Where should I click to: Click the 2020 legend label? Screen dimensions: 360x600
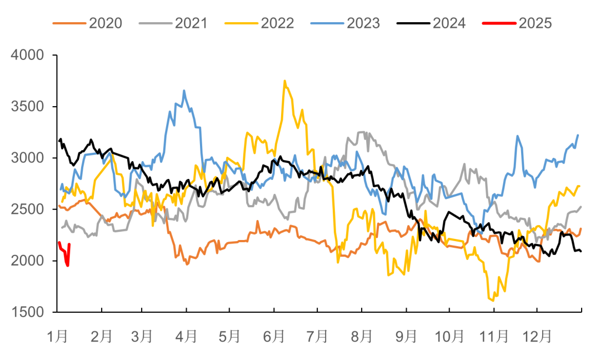pyautogui.click(x=106, y=23)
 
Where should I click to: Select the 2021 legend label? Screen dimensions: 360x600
pyautogui.click(x=191, y=23)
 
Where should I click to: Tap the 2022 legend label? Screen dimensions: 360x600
pyautogui.click(x=277, y=23)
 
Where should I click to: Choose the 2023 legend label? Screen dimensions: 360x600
pyautogui.click(x=363, y=23)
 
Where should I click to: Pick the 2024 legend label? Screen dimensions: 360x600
pyautogui.click(x=449, y=23)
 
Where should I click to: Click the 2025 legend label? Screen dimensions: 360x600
pyautogui.click(x=535, y=23)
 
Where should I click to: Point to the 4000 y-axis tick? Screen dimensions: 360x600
pyautogui.click(x=27, y=55)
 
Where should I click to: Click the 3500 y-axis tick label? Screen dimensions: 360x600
pyautogui.click(x=27, y=107)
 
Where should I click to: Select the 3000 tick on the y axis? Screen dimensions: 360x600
pyautogui.click(x=27, y=158)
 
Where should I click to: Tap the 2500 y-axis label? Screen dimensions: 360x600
pyautogui.click(x=27, y=209)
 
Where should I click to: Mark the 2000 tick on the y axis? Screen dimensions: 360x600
pyautogui.click(x=27, y=261)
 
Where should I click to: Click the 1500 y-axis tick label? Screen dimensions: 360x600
pyautogui.click(x=27, y=312)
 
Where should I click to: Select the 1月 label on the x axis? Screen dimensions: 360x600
pyautogui.click(x=57, y=337)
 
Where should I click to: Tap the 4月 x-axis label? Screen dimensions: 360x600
pyautogui.click(x=187, y=337)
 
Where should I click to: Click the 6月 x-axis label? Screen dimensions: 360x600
pyautogui.click(x=274, y=337)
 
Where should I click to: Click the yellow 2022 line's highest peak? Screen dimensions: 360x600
pyautogui.click(x=284, y=81)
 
